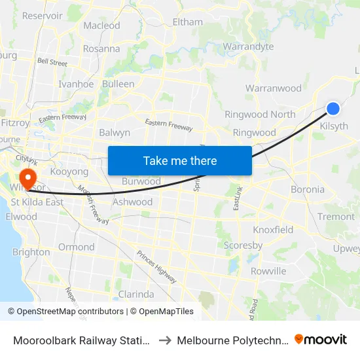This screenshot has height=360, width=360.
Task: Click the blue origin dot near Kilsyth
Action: click(333, 109)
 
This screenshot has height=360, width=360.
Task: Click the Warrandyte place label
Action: click(248, 46)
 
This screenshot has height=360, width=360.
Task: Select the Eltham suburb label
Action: click(187, 22)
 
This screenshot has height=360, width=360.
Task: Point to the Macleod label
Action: click(102, 26)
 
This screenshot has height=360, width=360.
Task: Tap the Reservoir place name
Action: click(43, 15)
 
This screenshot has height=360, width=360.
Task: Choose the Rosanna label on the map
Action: click(101, 48)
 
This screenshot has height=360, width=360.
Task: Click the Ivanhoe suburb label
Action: click(76, 84)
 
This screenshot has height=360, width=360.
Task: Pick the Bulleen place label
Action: click(118, 84)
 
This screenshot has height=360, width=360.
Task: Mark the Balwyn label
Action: click(115, 132)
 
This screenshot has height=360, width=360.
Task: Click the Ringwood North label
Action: click(260, 114)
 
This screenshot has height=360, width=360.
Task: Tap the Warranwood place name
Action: click(274, 88)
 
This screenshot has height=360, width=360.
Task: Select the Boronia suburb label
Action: click(308, 189)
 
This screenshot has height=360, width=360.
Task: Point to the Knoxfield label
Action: click(273, 230)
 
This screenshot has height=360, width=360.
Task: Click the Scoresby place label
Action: click(243, 245)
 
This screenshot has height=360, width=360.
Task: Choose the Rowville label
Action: click(268, 271)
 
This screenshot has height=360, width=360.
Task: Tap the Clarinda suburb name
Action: click(135, 294)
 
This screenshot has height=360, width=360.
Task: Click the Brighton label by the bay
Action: click(31, 252)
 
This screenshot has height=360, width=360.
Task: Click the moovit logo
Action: click(320, 339)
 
